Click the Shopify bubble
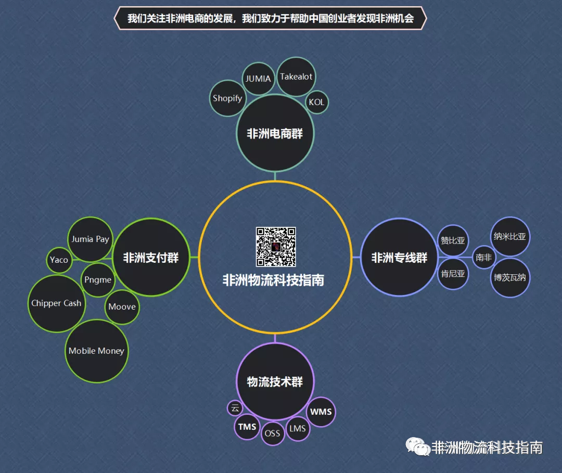coord(227,98)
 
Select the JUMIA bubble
coord(258,79)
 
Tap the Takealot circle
coord(296,76)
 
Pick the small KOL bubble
coord(316,102)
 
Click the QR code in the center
coord(275,247)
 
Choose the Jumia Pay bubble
coord(91,239)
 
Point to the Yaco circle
coord(59,259)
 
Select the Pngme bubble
coord(98,279)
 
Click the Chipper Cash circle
coord(56,303)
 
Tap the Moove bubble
coord(122,307)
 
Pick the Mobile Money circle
coord(96,351)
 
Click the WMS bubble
coord(321,412)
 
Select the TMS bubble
coord(247,427)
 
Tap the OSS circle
coord(272,433)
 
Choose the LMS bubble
coord(298,428)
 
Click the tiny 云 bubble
coord(235,407)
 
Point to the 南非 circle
coord(483,257)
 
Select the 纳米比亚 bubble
coord(510,237)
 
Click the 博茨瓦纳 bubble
coord(510,277)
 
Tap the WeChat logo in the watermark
coord(418,447)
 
